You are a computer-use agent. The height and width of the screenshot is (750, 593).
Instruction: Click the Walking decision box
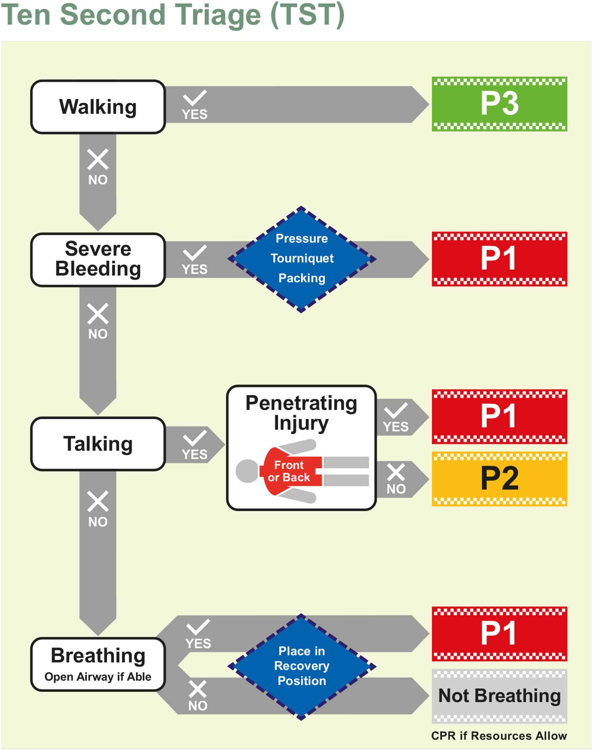pos(98,107)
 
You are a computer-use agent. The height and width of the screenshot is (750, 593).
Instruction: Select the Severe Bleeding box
pos(98,260)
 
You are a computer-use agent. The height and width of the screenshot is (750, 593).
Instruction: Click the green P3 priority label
pos(499,104)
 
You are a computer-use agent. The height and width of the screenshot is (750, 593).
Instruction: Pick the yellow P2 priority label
pos(499,479)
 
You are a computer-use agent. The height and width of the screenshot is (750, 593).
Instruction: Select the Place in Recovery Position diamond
pos(301,666)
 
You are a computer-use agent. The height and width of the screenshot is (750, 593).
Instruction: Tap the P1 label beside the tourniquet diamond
pos(499,259)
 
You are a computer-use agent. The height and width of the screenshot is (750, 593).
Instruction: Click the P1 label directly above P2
pos(499,416)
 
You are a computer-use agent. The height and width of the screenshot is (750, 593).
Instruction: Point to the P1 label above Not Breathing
pos(499,633)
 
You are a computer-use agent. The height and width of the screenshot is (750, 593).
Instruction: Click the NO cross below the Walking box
pos(98,160)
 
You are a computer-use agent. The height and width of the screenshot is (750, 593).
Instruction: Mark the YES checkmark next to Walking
pos(195,98)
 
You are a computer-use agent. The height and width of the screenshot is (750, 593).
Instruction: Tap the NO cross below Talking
pos(98,501)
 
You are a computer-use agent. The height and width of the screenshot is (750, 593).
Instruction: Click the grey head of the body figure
pos(247,471)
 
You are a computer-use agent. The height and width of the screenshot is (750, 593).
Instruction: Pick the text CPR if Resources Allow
pos(499,736)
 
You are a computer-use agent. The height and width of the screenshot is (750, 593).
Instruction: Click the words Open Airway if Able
pos(98,677)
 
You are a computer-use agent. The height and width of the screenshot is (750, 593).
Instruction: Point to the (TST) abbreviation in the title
pos(307,15)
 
